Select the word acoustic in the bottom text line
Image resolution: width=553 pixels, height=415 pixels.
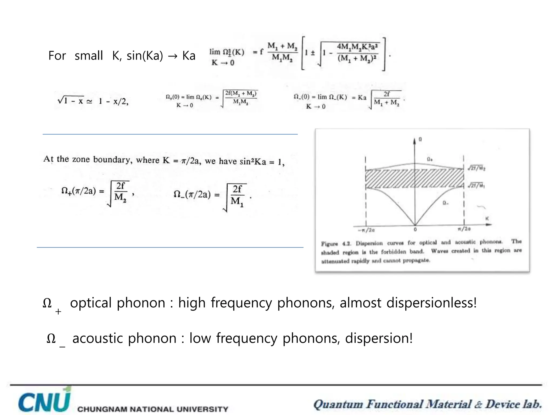(98, 338)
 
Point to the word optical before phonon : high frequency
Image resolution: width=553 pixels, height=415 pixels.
(91, 303)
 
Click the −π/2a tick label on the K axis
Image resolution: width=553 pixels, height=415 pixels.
(366, 230)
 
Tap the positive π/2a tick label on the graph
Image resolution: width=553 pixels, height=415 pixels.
(464, 229)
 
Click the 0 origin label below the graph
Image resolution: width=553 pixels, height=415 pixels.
(415, 230)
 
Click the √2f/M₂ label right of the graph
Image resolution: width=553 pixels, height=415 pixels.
(477, 168)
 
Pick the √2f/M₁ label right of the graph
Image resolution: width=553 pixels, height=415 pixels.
(477, 185)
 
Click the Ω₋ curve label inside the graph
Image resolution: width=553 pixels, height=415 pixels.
(446, 203)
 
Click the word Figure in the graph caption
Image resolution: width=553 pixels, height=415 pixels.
(329, 244)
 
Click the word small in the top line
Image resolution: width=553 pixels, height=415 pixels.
(89, 56)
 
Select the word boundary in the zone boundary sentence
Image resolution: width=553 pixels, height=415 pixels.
(113, 159)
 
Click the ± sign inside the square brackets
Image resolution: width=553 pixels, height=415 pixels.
(312, 53)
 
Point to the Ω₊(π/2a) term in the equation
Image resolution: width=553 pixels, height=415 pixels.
(79, 191)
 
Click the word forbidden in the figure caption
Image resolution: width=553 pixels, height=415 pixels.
(393, 252)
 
